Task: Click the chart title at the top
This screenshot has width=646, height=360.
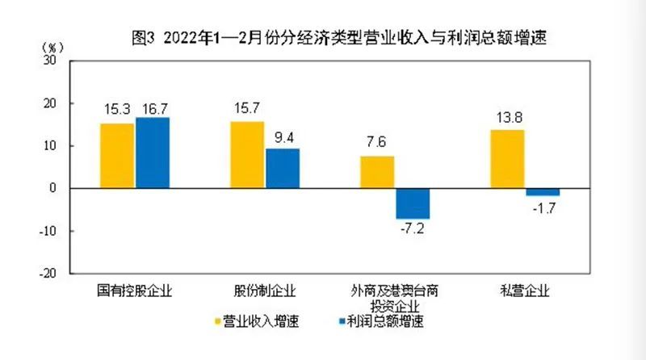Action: (339, 38)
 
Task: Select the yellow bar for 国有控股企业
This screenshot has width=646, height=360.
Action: (117, 156)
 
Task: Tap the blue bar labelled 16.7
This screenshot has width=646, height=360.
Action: (153, 153)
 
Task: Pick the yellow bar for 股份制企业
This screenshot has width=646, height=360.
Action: (247, 155)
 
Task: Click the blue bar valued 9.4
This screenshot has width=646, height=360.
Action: (283, 169)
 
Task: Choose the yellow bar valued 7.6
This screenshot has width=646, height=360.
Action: (377, 172)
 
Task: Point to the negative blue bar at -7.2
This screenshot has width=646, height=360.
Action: (413, 203)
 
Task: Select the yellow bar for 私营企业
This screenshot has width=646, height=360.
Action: (507, 159)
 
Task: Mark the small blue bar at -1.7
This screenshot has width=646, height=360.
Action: (543, 192)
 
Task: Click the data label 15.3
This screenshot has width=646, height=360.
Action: (117, 110)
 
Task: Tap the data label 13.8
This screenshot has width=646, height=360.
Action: (510, 118)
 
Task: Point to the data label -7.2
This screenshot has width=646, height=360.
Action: (412, 228)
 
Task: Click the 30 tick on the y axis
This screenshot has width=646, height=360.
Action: (49, 61)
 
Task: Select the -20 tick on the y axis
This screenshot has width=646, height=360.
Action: (48, 273)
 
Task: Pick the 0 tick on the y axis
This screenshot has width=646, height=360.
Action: (52, 188)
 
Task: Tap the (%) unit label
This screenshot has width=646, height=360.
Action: (52, 48)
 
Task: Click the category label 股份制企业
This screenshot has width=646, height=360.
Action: (265, 291)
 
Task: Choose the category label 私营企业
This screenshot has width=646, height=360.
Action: (525, 291)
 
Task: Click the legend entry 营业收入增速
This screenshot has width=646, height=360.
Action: (257, 321)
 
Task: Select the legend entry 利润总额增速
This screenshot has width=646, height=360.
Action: (381, 321)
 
